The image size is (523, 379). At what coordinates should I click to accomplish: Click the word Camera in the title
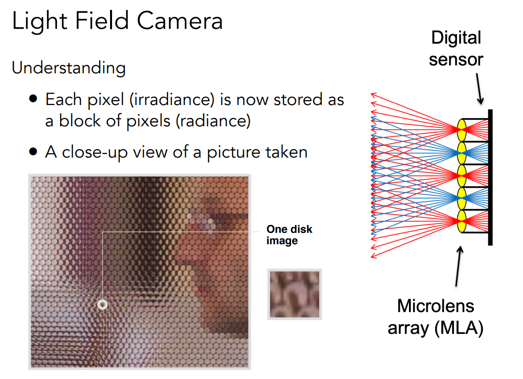point(179,21)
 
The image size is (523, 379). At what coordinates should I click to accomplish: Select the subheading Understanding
point(69,68)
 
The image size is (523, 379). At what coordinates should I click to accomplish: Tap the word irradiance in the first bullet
point(172,100)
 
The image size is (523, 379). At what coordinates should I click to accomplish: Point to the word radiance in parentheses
point(213,121)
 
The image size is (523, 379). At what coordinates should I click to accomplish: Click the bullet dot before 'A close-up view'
point(33,152)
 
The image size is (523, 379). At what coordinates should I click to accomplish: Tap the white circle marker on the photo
point(103,304)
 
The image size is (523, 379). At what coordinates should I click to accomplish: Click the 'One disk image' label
point(289,235)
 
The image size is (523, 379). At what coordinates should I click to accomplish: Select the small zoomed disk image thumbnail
point(294,294)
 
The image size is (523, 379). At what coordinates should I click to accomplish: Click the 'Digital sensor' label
point(456,49)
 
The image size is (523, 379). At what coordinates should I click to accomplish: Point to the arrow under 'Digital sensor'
point(479,89)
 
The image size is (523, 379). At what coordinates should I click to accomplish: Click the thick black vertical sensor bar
point(490,177)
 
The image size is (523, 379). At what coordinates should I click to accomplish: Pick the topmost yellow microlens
point(462,130)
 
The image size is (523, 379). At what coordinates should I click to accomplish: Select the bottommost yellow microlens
point(462,221)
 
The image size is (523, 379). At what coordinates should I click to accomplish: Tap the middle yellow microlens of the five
point(462,176)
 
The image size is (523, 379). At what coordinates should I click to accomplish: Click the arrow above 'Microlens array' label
point(459,266)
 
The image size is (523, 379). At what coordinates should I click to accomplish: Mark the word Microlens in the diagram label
point(435,306)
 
